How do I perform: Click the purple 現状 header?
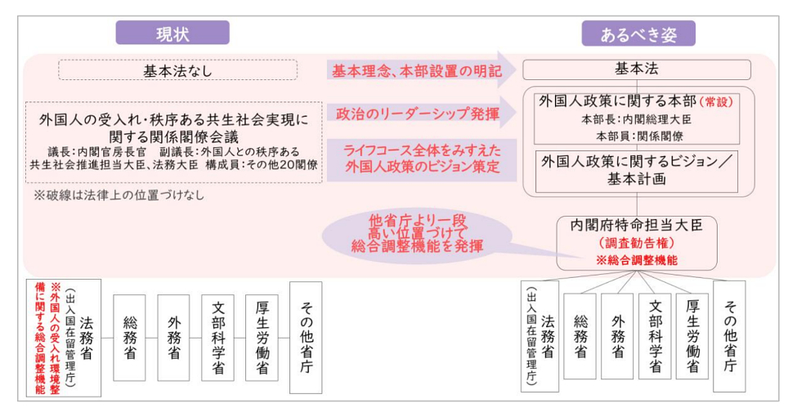[172, 34]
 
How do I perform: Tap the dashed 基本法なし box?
[177, 70]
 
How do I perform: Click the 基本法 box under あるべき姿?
[637, 69]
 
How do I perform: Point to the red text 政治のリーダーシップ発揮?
[418, 114]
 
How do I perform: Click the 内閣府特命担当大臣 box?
[637, 242]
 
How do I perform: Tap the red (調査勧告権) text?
[637, 243]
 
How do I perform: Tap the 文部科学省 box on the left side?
[217, 338]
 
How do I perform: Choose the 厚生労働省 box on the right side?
[692, 336]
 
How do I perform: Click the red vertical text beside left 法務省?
[46, 338]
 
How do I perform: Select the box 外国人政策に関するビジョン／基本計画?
[637, 169]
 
